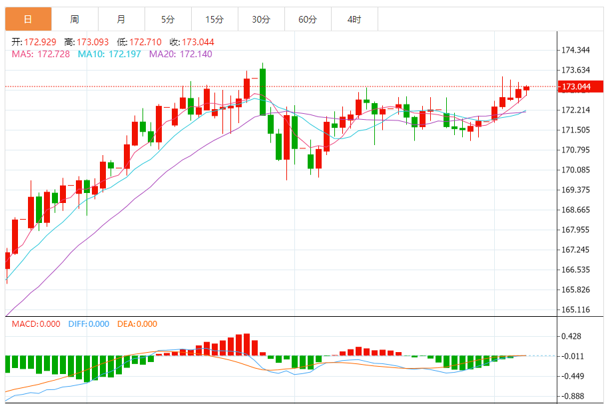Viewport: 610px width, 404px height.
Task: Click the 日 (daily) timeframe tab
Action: coord(28,19)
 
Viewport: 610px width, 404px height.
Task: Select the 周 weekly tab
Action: coord(75,19)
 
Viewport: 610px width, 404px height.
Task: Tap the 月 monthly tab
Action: coord(121,19)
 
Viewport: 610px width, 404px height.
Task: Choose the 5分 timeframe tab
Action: coord(168,19)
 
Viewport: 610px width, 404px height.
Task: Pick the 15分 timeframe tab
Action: coord(214,19)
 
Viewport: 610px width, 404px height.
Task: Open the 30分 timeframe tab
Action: coord(261,19)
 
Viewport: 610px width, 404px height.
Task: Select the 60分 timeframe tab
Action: coord(308,19)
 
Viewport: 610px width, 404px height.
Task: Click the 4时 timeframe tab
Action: coord(354,19)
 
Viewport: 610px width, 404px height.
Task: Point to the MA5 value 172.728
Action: coord(55,54)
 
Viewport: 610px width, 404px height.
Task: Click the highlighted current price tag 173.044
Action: coord(577,87)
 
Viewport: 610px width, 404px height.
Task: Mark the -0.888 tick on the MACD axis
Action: coord(573,396)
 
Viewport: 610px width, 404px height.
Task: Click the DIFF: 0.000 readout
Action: coord(89,324)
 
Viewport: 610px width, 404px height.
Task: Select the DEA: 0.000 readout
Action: coord(137,324)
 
